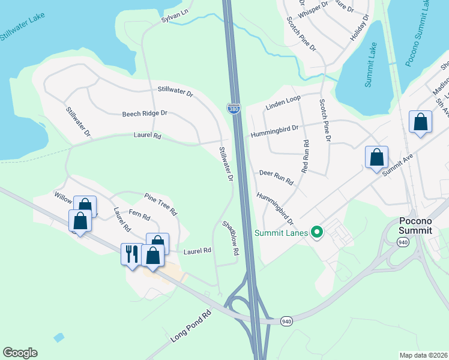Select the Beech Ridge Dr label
(145, 113)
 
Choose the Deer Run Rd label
(276, 176)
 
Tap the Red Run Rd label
(305, 157)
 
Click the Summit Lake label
(370, 65)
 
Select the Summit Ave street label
(399, 161)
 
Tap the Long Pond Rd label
(191, 327)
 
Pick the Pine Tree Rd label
(161, 204)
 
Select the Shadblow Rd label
(231, 239)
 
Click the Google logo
(20, 353)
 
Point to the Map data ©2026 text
(423, 355)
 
